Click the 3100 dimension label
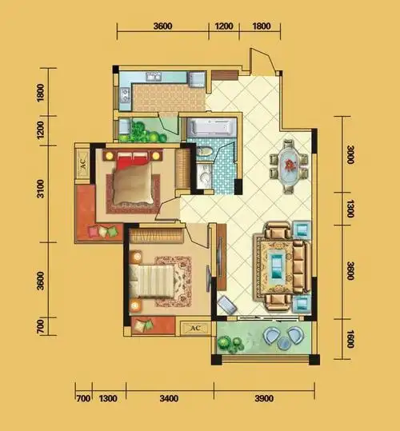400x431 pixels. [x=41, y=189]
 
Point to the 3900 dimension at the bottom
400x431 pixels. [x=264, y=398]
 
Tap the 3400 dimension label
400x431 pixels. [x=169, y=398]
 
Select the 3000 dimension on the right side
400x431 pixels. [x=350, y=154]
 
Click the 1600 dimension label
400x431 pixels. [x=350, y=339]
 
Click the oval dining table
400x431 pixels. [x=289, y=166]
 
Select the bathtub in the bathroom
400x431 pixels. [x=212, y=127]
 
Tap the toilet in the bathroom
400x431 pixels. [x=204, y=152]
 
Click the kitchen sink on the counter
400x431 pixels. [x=153, y=77]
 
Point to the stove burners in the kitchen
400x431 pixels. [x=125, y=95]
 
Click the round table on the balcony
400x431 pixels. [x=283, y=343]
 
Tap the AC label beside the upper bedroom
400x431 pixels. [x=83, y=164]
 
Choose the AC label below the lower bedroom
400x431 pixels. [x=195, y=328]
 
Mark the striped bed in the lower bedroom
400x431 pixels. [x=152, y=281]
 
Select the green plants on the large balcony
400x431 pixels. [x=230, y=344]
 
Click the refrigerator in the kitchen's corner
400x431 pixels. [x=196, y=79]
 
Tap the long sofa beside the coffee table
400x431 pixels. [x=302, y=266]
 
